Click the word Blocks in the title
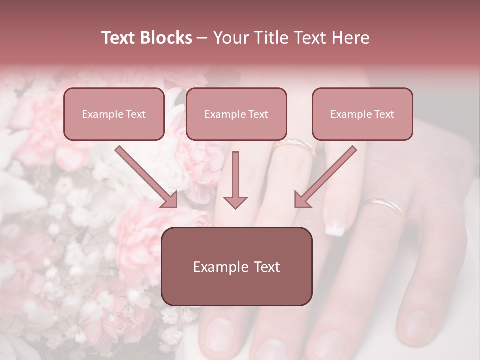pos(166,38)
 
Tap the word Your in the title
pos(230,38)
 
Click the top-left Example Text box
pos(114,114)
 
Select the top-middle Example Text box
pos(236,114)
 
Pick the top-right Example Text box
pos(362,114)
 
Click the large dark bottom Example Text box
pos(237,267)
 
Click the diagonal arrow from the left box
pos(145,175)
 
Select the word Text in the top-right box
pos(384,114)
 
